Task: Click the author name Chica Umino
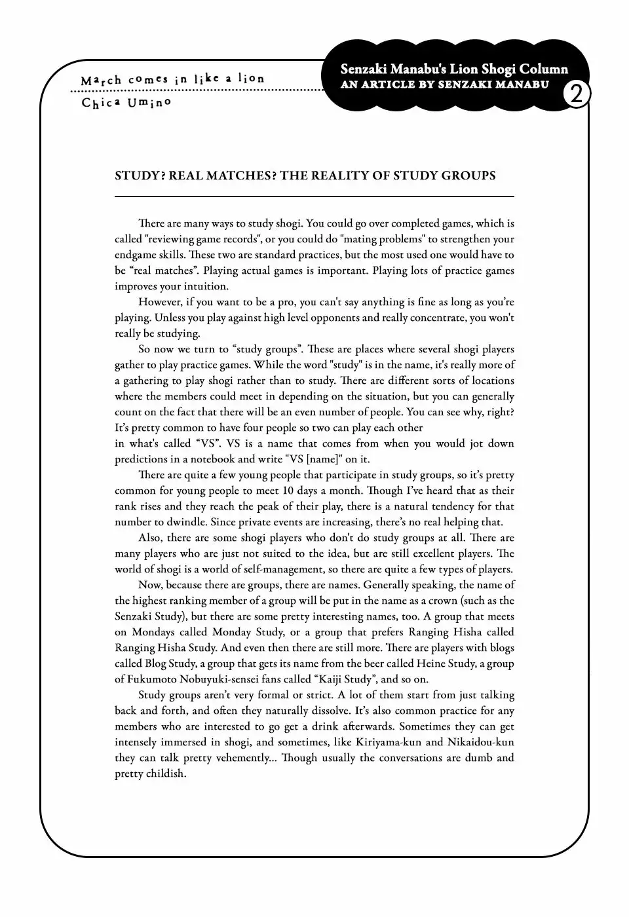point(126,103)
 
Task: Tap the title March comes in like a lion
point(173,80)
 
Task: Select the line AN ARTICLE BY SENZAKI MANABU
point(445,84)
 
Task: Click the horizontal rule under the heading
point(314,196)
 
